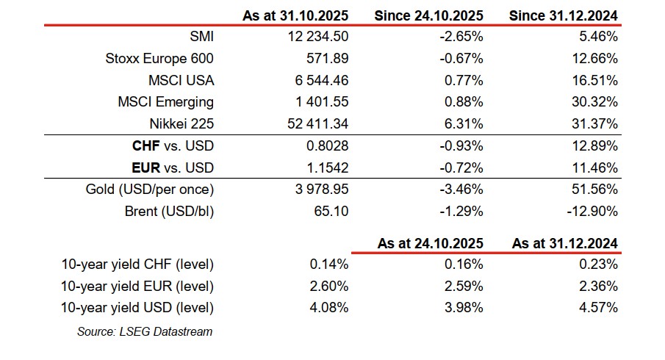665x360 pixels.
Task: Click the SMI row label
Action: pyautogui.click(x=201, y=37)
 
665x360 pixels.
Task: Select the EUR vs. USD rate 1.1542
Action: pyautogui.click(x=328, y=168)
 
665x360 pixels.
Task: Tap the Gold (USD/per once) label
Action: pyautogui.click(x=149, y=190)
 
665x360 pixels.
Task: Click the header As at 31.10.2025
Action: pyautogui.click(x=296, y=15)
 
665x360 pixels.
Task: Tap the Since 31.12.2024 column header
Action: pyautogui.click(x=563, y=15)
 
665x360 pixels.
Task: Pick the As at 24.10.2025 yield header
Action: pyautogui.click(x=431, y=243)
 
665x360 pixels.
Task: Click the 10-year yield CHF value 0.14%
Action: pyautogui.click(x=330, y=264)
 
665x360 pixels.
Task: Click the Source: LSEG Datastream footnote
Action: pyautogui.click(x=145, y=331)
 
